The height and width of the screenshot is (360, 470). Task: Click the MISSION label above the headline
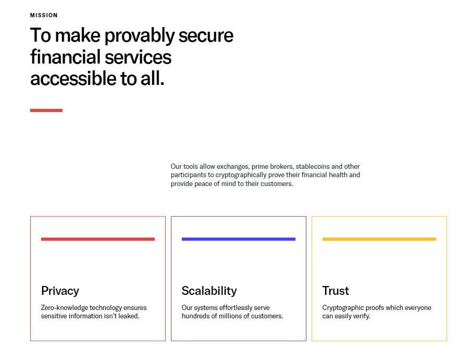point(44,15)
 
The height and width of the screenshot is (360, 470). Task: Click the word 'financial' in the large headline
point(65,57)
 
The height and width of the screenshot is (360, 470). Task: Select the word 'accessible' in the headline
point(73,79)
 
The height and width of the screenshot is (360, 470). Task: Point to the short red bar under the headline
point(46,110)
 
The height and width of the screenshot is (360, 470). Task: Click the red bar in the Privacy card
point(98,239)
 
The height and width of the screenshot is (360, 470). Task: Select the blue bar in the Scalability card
point(239,239)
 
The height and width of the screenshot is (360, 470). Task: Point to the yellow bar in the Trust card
point(379,239)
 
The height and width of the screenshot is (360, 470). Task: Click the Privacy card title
point(60,291)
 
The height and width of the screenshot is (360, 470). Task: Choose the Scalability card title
point(209,291)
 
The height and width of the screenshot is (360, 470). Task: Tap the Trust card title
point(336,291)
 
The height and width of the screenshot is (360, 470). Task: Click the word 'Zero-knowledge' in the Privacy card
point(65,308)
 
